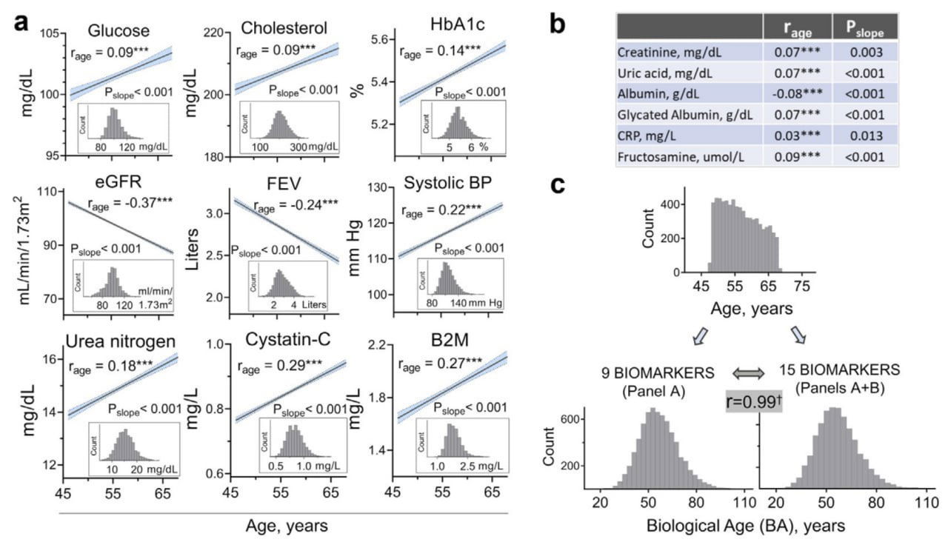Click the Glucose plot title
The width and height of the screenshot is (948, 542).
(118, 31)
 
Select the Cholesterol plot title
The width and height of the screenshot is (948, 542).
(284, 29)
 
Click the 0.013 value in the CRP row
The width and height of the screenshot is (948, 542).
(867, 136)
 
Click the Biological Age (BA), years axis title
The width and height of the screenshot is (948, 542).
(744, 526)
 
